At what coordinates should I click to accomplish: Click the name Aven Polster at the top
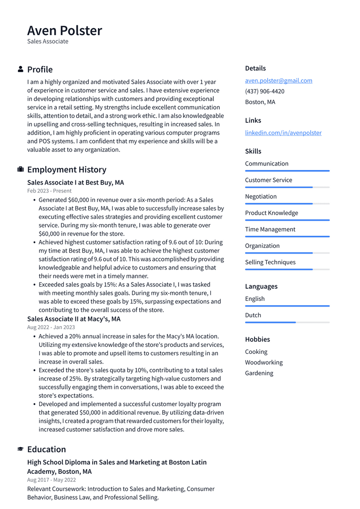pos(65,30)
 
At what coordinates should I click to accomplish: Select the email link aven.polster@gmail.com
pos(278,81)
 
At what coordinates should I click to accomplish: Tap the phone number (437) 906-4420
pos(264,91)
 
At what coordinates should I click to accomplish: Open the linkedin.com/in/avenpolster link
pos(283,133)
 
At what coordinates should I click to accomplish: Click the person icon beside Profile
pos(21,69)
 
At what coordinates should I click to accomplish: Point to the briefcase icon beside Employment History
pos(21,170)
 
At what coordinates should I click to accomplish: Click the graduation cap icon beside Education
pos(21,449)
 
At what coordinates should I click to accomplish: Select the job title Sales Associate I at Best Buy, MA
pos(75,182)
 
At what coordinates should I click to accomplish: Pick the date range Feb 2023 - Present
pos(49,191)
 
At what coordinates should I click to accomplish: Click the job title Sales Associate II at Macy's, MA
pos(74,319)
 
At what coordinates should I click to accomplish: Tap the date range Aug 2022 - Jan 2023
pos(51,327)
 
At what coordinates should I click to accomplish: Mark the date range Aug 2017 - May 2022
pos(52,480)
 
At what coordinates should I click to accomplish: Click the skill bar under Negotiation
pos(287,203)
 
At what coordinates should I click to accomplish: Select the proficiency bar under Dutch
pos(287,322)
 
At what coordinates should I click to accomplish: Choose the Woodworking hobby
pos(263,362)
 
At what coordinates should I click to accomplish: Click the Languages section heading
pos(261,286)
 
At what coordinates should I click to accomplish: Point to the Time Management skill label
pos(270,229)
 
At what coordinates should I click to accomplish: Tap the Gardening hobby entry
pos(259,373)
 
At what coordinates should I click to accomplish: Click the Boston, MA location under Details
pos(260,102)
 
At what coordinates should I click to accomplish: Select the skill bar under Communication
pos(287,171)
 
